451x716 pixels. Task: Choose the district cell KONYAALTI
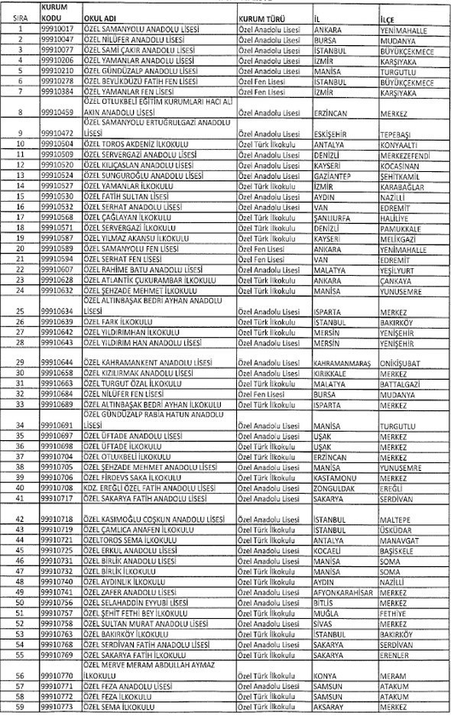pos(399,143)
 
